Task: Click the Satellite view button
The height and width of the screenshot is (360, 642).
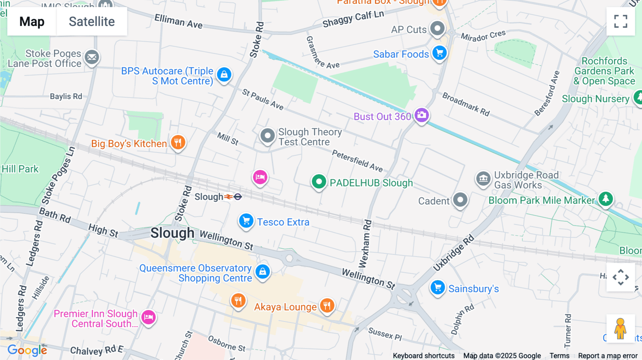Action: (92, 21)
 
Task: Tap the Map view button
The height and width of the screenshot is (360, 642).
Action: (32, 21)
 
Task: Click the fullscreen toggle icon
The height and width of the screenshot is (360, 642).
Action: (621, 21)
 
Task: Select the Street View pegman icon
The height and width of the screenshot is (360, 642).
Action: (620, 328)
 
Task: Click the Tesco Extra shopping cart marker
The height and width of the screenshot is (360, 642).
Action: (246, 221)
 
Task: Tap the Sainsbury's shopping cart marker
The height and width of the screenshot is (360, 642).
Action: (437, 287)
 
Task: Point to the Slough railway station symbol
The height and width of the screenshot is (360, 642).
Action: (233, 196)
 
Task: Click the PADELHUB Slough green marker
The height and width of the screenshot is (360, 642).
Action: (319, 182)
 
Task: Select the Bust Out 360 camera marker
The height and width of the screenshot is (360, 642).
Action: (422, 115)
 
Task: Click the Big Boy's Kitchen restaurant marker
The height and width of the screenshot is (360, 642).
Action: (178, 142)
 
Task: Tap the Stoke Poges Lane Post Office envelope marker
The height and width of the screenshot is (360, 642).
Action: (92, 57)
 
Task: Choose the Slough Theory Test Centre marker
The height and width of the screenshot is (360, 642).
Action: (267, 135)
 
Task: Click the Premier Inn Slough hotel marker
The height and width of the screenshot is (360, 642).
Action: (148, 317)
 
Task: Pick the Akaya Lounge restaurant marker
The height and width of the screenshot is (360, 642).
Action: (327, 305)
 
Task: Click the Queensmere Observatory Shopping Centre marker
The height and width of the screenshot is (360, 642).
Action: (263, 272)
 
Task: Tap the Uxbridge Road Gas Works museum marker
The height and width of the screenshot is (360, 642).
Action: (483, 178)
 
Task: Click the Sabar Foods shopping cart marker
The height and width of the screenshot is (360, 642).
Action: (439, 53)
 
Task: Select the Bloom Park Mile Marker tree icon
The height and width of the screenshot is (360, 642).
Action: (606, 199)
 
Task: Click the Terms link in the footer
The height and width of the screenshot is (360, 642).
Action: (559, 355)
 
